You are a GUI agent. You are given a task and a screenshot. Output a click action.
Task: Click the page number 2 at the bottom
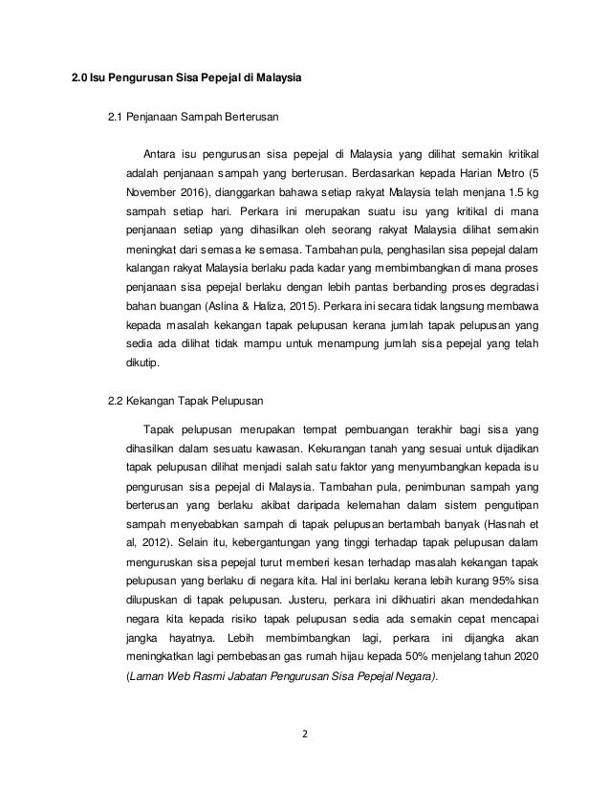304,736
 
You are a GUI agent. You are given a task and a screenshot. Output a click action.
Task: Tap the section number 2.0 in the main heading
80,73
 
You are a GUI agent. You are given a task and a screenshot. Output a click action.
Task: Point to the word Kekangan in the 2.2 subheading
156,400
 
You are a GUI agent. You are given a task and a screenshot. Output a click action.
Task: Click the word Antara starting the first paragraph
160,152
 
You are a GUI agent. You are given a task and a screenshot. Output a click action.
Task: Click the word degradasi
512,290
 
